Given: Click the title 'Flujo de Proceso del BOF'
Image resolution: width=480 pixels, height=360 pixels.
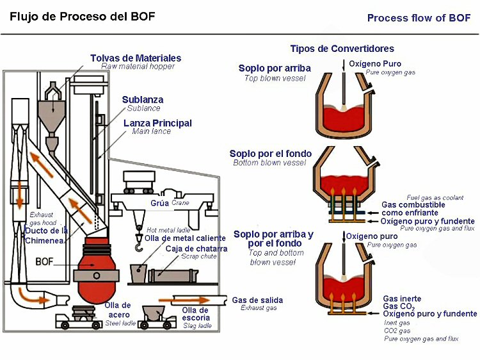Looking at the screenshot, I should [x=82, y=15].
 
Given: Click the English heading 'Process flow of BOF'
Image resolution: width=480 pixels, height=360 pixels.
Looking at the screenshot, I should [x=419, y=18].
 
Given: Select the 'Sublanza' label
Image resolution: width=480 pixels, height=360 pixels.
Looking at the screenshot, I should [x=143, y=99].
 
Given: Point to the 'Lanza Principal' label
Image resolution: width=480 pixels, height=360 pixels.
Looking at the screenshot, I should [x=157, y=123].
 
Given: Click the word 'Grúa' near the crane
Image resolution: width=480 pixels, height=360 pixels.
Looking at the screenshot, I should [x=160, y=203].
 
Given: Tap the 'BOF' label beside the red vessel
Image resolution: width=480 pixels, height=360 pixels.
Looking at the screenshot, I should [x=44, y=261].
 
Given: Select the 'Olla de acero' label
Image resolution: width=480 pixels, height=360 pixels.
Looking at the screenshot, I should [x=118, y=310].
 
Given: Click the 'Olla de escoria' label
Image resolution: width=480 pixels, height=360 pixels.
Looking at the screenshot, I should [x=196, y=313].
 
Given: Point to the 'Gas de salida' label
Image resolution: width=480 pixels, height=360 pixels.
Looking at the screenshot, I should [x=257, y=300].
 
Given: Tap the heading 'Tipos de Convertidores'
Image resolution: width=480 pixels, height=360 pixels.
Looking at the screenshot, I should [x=342, y=49].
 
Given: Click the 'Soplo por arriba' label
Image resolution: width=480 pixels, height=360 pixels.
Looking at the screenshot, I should [x=275, y=69].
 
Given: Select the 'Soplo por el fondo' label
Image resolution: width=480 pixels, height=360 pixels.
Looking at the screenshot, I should [x=271, y=154].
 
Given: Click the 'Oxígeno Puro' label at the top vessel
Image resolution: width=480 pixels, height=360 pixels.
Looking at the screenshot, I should [x=375, y=63].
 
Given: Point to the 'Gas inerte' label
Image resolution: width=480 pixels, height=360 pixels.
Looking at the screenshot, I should [x=402, y=299].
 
